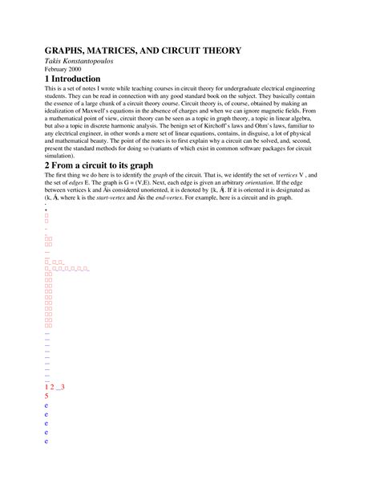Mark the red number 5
point(47,396)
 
